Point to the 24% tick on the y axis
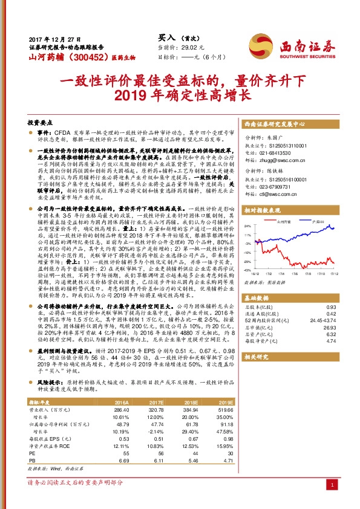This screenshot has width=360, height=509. coord(247,226)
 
